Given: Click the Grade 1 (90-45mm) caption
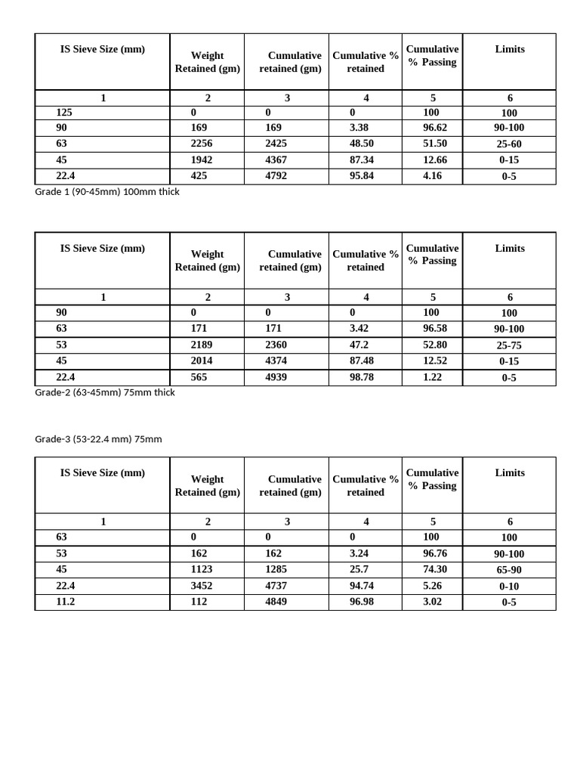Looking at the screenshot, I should point(107,192).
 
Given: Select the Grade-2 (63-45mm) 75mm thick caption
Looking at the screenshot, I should point(105,392).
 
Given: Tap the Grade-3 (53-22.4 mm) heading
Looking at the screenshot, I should point(98,439).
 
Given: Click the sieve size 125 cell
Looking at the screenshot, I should point(64,112).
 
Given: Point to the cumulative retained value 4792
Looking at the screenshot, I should point(278,175).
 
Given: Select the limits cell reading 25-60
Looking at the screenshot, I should point(509,144).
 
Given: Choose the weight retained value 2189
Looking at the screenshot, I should point(202,345).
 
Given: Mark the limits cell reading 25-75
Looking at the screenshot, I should point(509,345).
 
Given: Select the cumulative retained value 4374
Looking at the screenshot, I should point(278,361).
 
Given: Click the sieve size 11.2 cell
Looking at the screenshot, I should point(66,602).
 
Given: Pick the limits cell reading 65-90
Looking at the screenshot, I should point(509,570).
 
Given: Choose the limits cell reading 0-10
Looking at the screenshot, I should point(509,586).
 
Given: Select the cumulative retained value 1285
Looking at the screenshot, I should point(278,569).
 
